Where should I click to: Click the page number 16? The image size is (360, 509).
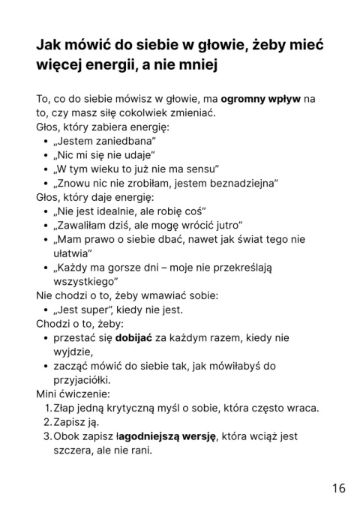click(338, 488)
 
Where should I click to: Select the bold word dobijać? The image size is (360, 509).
click(134, 338)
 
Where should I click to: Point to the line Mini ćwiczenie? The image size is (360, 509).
click(73, 394)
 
